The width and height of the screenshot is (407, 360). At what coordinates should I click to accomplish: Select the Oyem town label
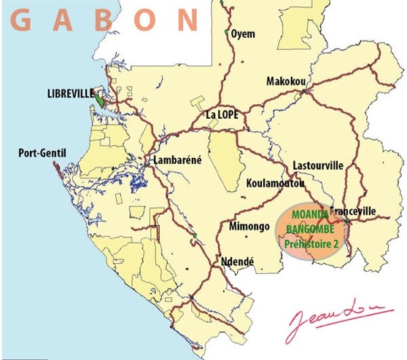(243, 34)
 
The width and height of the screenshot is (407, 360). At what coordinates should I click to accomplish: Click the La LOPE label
(224, 114)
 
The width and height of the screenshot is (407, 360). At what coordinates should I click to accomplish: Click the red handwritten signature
(333, 318)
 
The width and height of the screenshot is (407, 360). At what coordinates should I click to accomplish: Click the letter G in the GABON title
(23, 20)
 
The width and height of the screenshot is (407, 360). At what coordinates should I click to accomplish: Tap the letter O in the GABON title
(147, 20)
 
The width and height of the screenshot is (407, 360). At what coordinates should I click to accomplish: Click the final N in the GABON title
(188, 20)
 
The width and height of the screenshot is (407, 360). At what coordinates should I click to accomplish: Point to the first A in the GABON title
(63, 20)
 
